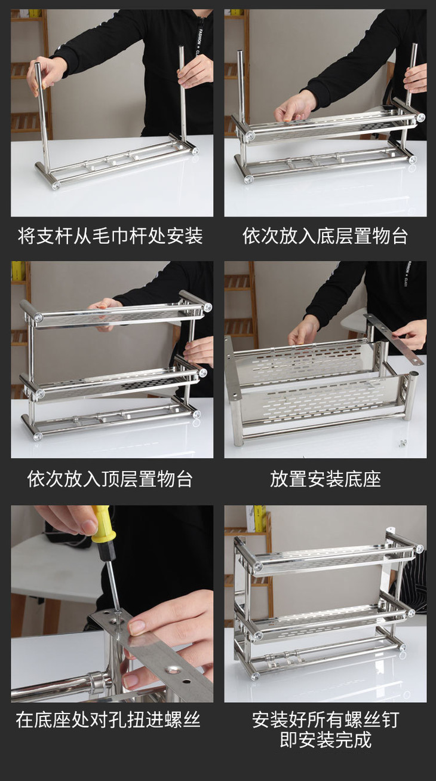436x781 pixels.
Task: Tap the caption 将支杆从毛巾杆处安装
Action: click(110, 235)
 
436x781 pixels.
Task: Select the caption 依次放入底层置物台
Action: click(325, 235)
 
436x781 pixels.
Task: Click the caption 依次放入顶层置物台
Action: click(110, 479)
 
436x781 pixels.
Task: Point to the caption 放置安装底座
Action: click(325, 479)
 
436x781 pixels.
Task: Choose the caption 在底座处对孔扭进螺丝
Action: click(108, 720)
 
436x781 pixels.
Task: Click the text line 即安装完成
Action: click(326, 740)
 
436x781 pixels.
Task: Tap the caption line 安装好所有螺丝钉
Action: click(326, 719)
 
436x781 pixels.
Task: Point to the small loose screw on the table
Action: click(403, 443)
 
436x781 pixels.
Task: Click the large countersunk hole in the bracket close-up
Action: click(172, 669)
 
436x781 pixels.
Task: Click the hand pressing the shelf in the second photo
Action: click(295, 108)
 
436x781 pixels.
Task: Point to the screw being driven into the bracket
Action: click(118, 620)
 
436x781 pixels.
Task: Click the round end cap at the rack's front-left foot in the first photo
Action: click(56, 185)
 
